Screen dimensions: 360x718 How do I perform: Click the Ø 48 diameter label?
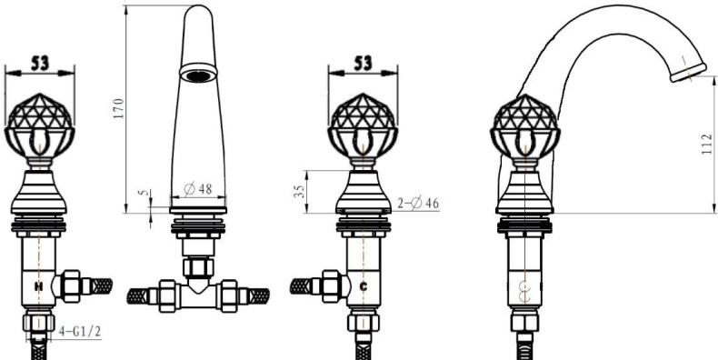198,189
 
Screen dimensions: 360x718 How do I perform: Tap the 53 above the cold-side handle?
362,63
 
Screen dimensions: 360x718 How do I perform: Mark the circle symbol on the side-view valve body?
524,293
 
